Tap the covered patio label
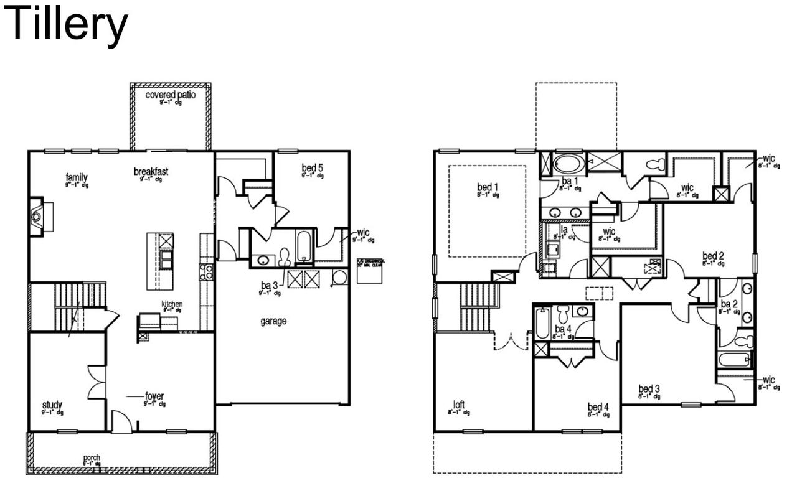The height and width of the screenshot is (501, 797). [x=170, y=95]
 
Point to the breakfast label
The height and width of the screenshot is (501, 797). [x=151, y=171]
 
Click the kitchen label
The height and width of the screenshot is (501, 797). [x=172, y=304]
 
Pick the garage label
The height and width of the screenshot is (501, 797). [x=273, y=321]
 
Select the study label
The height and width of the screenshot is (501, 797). [x=52, y=405]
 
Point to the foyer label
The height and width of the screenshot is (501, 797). [x=154, y=396]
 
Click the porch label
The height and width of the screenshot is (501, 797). [x=92, y=459]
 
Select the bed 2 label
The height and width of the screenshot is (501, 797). [x=713, y=256]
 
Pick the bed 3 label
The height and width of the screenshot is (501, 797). [x=649, y=390]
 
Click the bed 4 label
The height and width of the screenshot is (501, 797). [x=598, y=408]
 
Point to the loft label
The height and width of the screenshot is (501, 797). [x=459, y=404]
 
